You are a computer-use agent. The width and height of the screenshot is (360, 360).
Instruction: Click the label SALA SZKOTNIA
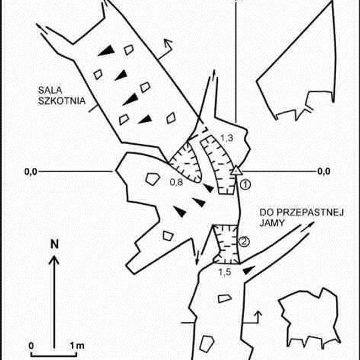[x=61, y=95]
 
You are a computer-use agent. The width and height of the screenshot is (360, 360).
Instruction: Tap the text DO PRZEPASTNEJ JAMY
[x=301, y=217]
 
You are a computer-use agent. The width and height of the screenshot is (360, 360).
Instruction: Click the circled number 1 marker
[x=245, y=185]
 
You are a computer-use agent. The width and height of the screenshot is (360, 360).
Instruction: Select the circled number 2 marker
[x=244, y=241]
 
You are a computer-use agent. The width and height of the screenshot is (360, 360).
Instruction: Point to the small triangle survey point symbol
[x=236, y=171]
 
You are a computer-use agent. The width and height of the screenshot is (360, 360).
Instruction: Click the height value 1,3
[x=227, y=138]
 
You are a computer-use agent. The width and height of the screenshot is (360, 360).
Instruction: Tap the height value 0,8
[x=176, y=182]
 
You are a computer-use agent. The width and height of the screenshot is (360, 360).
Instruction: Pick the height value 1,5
[x=225, y=272]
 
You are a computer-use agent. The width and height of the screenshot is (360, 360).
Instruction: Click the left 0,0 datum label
[x=31, y=171]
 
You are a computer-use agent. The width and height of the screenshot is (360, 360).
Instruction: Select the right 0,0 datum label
[x=324, y=171]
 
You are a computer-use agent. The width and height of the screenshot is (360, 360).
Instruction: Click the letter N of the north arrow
[x=55, y=244]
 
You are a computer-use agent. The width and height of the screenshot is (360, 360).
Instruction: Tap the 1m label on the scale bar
[x=77, y=345]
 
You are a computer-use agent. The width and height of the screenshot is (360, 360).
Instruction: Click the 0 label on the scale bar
[x=31, y=345]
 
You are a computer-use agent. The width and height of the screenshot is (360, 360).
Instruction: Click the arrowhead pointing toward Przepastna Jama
[x=311, y=223]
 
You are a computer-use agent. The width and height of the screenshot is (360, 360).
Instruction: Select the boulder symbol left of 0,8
[x=152, y=179]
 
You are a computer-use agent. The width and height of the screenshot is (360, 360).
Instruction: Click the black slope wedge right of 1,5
[x=249, y=270]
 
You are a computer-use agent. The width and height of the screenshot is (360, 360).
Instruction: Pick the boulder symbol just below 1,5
[x=225, y=299]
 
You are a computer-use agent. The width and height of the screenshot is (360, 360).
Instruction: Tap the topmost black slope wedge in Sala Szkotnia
[x=107, y=50]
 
